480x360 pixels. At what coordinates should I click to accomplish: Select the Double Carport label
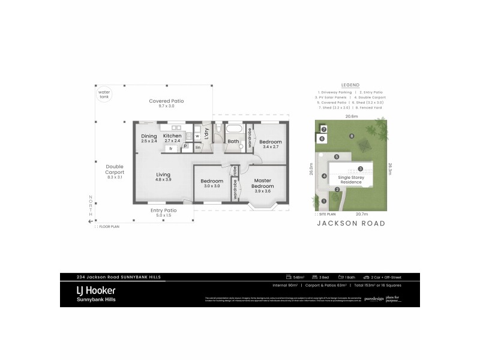click(114, 172)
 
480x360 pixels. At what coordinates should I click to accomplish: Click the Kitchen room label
click(172, 139)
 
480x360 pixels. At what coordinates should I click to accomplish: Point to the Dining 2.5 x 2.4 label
click(149, 139)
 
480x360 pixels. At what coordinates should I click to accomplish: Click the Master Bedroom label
click(263, 184)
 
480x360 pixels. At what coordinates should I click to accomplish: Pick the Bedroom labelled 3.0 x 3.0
click(212, 184)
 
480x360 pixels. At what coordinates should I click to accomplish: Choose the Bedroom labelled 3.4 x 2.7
click(270, 144)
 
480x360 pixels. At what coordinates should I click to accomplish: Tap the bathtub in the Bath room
click(234, 130)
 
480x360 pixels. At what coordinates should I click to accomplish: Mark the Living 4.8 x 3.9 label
click(163, 177)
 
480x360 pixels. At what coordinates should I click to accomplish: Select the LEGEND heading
click(350, 85)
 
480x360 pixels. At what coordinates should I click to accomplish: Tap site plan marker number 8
click(352, 136)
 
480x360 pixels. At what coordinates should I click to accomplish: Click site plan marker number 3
click(361, 169)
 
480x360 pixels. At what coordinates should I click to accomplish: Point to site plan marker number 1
click(324, 201)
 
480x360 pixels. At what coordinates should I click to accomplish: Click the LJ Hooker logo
click(96, 293)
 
